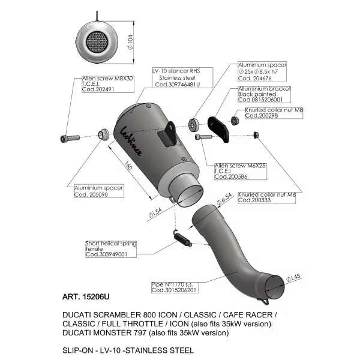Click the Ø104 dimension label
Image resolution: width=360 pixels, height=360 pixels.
(x=130, y=42)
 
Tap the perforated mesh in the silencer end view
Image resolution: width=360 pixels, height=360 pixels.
(x=97, y=41)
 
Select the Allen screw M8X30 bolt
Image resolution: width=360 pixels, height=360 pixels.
(x=70, y=138)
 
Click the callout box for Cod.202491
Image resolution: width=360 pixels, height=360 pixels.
(x=108, y=84)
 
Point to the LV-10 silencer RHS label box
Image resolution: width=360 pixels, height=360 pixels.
(x=182, y=77)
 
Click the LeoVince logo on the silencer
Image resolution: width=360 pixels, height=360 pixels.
(x=131, y=141)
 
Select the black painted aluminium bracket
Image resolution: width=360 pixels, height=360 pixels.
(x=218, y=130)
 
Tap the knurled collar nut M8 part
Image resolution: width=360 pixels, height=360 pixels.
(x=235, y=121)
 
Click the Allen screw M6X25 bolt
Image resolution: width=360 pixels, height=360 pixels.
(x=203, y=137)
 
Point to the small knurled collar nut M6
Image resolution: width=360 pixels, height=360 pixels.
(x=256, y=135)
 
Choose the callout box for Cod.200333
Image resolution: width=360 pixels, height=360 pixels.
(x=266, y=197)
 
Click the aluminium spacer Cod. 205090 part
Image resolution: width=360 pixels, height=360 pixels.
(x=104, y=134)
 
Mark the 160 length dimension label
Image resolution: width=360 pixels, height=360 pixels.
(x=128, y=166)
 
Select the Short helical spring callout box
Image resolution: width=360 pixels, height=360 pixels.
(x=111, y=249)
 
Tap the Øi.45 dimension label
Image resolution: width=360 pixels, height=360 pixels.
(x=293, y=278)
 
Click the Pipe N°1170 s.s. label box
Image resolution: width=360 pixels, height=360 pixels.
(x=175, y=287)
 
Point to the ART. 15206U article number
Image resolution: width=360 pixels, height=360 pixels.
(x=86, y=296)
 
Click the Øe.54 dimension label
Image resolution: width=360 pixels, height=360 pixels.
(x=224, y=199)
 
